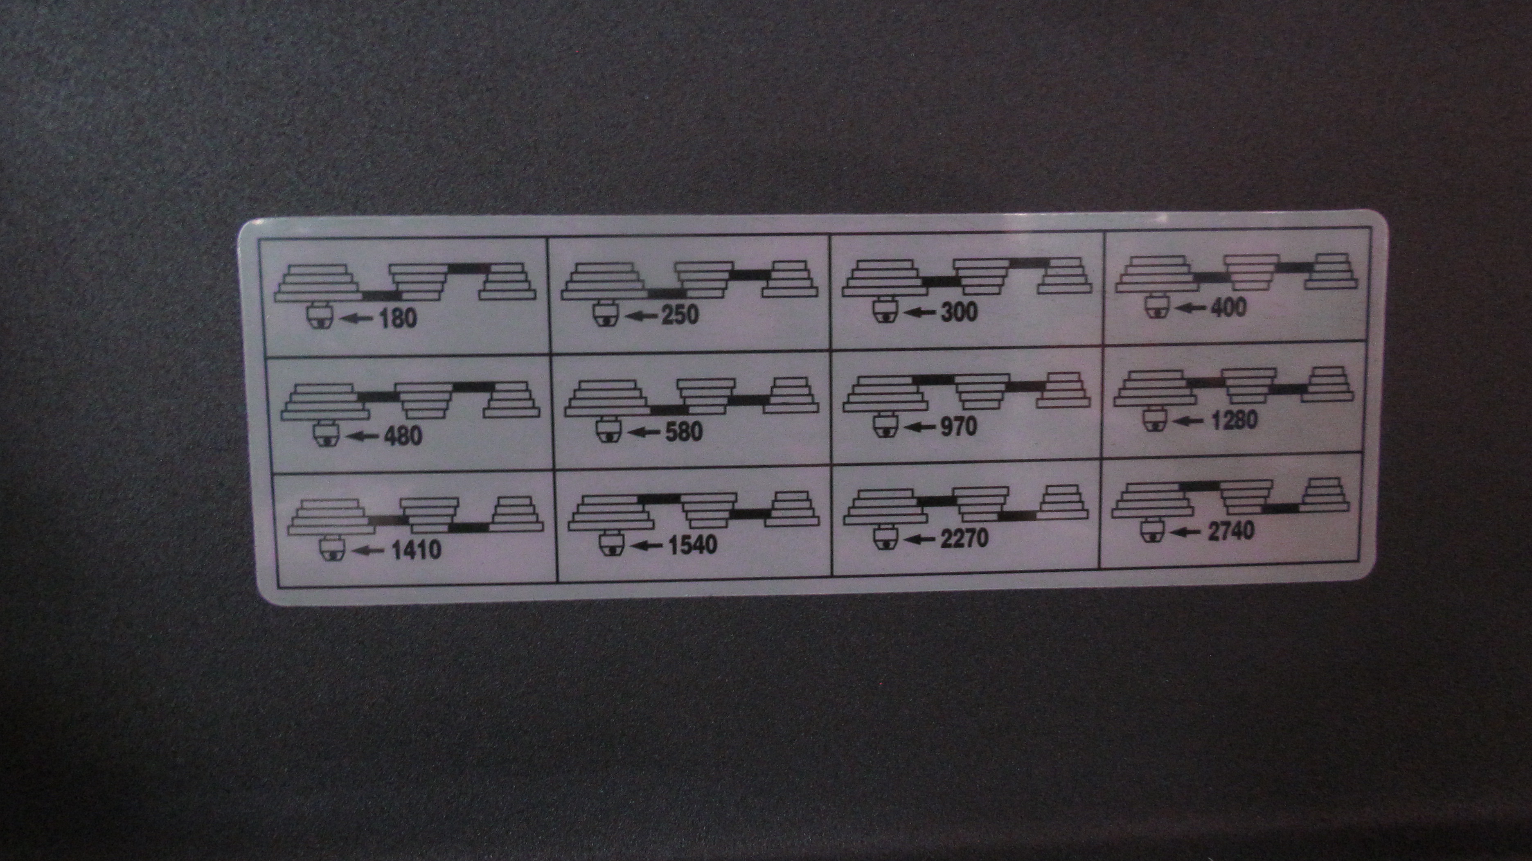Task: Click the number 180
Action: point(397,319)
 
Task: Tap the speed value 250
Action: point(680,315)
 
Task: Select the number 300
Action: point(959,311)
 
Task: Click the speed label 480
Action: point(403,436)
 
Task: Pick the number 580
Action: point(683,432)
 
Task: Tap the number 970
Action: point(959,426)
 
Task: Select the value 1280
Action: point(1234,420)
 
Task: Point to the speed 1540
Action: point(693,545)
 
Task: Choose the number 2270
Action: point(964,538)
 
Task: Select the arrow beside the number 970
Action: point(920,426)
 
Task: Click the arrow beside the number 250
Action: point(642,315)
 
